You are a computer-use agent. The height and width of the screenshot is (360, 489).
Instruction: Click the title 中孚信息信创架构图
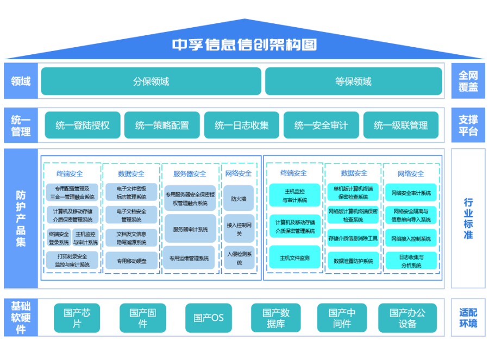pyautogui.click(x=244, y=45)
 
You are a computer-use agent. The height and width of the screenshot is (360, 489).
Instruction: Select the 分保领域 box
pyautogui.click(x=151, y=81)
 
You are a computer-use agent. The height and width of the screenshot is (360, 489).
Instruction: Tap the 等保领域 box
pyautogui.click(x=353, y=81)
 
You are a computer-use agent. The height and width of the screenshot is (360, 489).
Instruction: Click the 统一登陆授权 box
pyautogui.click(x=83, y=125)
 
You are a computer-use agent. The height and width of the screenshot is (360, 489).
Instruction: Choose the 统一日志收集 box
pyautogui.click(x=242, y=125)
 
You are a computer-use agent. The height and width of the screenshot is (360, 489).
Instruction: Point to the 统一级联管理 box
pyautogui.click(x=401, y=125)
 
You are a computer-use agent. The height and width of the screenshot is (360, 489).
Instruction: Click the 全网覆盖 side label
pyautogui.click(x=468, y=81)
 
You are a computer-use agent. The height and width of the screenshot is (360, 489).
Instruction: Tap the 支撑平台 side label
pyautogui.click(x=468, y=125)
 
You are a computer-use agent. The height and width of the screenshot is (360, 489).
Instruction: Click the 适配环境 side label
pyautogui.click(x=468, y=318)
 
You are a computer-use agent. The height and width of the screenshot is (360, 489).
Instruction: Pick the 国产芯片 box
pyautogui.click(x=77, y=318)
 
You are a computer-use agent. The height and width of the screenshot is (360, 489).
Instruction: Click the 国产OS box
pyautogui.click(x=209, y=318)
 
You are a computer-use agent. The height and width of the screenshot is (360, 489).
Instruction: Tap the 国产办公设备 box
pyautogui.click(x=407, y=318)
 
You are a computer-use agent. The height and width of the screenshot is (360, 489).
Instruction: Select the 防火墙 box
pyautogui.click(x=239, y=199)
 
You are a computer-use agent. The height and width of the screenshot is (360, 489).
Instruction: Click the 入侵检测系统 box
pyautogui.click(x=239, y=258)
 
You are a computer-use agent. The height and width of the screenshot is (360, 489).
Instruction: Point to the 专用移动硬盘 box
pyautogui.click(x=131, y=261)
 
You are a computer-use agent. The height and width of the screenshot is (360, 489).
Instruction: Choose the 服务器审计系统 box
pyautogui.click(x=190, y=229)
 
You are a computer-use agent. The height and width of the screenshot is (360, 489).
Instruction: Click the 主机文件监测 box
pyautogui.click(x=294, y=257)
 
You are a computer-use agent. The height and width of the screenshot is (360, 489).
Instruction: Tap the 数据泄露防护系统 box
pyautogui.click(x=353, y=261)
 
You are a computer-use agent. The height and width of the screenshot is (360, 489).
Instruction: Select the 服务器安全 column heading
pyautogui.click(x=190, y=174)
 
